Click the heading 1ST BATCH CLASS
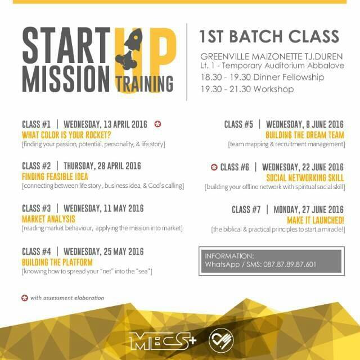(x=269, y=37)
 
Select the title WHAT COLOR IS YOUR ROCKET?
(x=66, y=135)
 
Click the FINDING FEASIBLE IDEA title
(x=55, y=177)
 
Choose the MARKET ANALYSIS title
(x=48, y=218)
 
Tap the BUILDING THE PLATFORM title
(x=57, y=262)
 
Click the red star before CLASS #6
(x=214, y=167)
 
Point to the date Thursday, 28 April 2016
(x=102, y=166)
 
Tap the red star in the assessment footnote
(x=24, y=298)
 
